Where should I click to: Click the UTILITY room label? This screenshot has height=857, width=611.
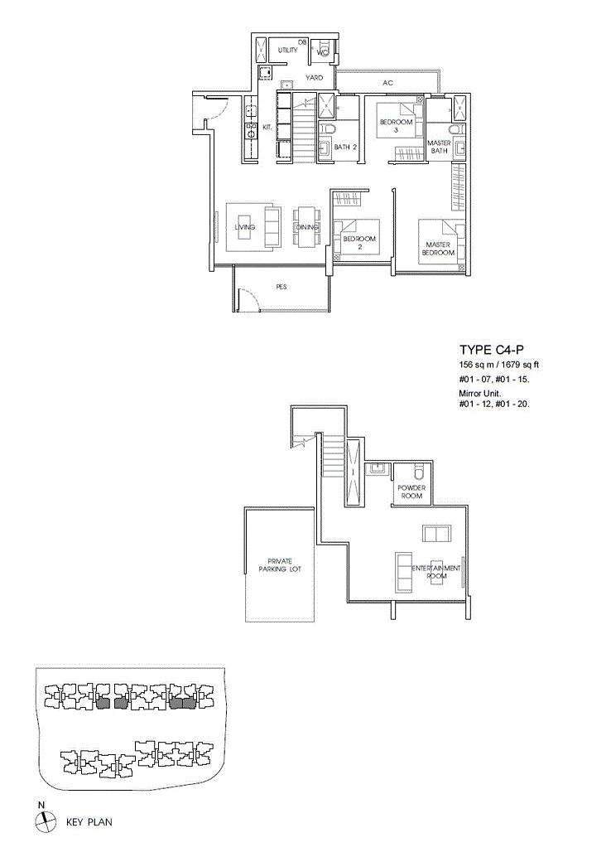[x=288, y=51]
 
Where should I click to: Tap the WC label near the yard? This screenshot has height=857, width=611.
[x=323, y=52]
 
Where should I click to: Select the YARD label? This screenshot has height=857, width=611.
[x=314, y=78]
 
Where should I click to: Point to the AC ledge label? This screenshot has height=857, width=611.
[x=387, y=83]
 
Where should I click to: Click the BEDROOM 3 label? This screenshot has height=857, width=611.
[x=396, y=126]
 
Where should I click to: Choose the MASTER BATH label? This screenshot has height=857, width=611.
[x=439, y=147]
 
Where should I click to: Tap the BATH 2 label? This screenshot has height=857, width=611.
[x=345, y=147]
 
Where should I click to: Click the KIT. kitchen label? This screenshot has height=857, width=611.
[x=267, y=128]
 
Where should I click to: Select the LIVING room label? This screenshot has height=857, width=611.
[x=244, y=227]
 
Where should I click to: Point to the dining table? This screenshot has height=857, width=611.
[x=306, y=227]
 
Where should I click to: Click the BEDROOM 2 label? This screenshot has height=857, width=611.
[x=359, y=243]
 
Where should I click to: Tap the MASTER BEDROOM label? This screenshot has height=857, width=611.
[x=438, y=249]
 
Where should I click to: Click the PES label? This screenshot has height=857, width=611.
[x=281, y=287]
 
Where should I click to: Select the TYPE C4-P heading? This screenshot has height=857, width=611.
[x=485, y=350]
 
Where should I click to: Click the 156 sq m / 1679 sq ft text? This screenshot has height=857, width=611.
[x=499, y=365]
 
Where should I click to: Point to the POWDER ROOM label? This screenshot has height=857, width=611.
[x=411, y=491]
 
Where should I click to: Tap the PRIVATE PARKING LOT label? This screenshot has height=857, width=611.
[x=280, y=565]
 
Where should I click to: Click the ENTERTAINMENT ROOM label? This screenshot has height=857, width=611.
[x=436, y=572]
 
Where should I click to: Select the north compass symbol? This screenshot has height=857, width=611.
[x=46, y=821]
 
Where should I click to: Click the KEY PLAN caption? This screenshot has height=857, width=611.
[x=89, y=822]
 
